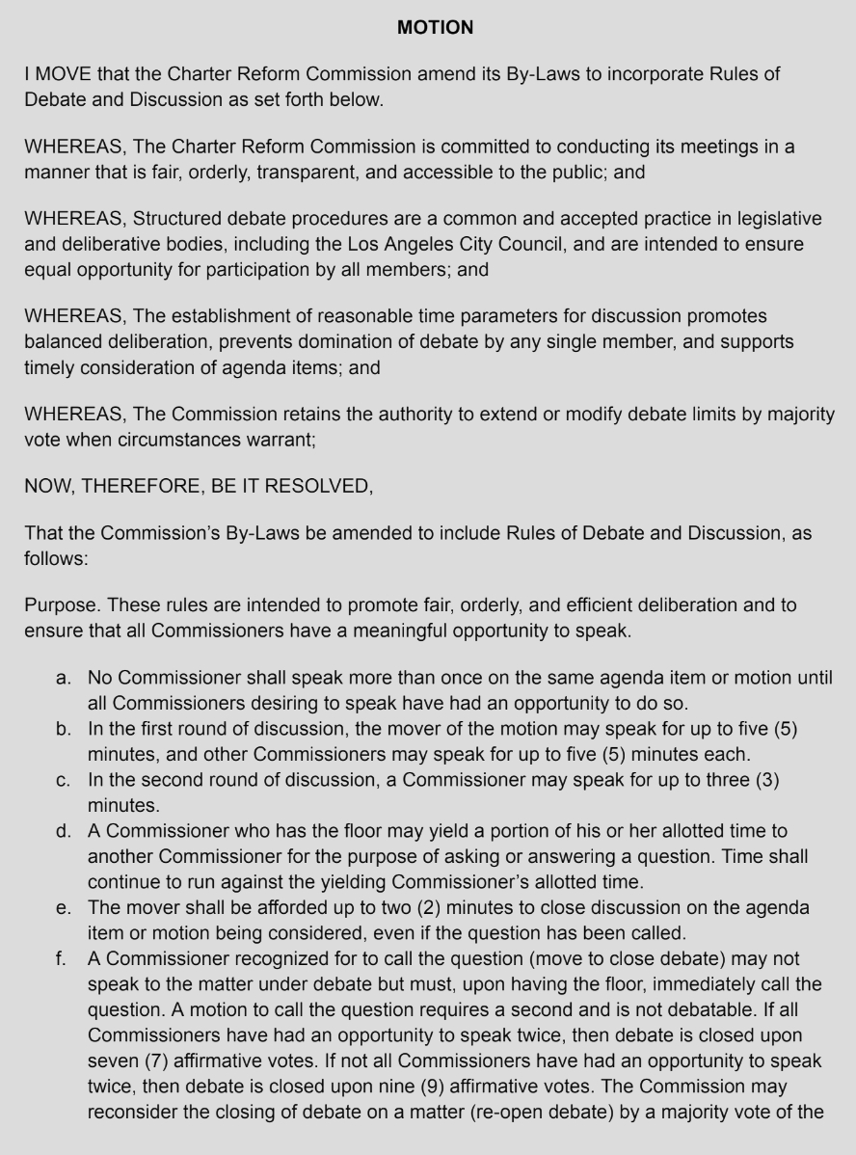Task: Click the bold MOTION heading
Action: [x=435, y=28]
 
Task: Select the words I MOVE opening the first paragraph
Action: [x=55, y=74]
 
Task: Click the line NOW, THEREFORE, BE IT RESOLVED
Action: [x=198, y=486]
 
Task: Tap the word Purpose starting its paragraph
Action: [x=61, y=605]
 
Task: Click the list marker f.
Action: [x=63, y=958]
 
